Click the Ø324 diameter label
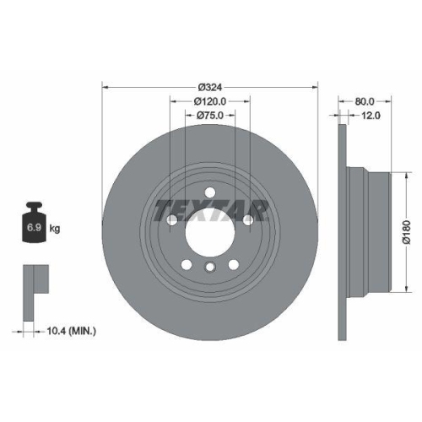[x=209, y=87]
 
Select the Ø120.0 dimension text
[x=209, y=101]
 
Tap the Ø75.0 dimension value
[x=209, y=116]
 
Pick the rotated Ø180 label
[x=406, y=229]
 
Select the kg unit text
[x=55, y=229]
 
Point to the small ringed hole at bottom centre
[x=209, y=268]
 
